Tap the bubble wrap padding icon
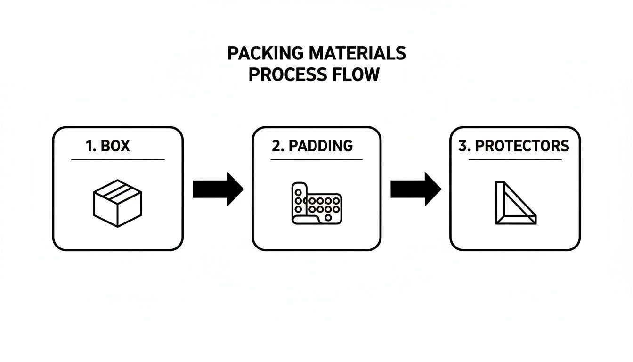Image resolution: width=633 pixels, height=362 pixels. [x=316, y=203]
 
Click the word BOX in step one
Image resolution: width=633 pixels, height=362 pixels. [x=115, y=146]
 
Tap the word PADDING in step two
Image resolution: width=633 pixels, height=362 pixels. [x=321, y=146]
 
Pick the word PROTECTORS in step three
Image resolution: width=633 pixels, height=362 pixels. [x=522, y=146]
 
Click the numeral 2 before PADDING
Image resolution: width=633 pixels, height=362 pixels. [x=276, y=146]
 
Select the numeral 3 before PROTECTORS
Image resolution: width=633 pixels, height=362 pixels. [x=463, y=146]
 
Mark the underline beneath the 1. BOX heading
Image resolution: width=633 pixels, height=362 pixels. [x=118, y=160]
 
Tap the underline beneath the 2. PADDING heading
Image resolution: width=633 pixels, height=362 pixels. [x=316, y=160]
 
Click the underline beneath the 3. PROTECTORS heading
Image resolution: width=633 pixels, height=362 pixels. [x=515, y=160]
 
